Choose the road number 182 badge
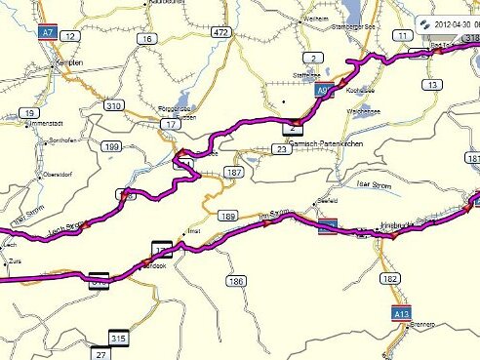click(390, 279)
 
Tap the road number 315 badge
click(120, 339)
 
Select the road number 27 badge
click(100, 353)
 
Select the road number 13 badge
click(431, 85)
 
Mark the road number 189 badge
click(228, 216)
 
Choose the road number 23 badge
click(281, 149)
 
